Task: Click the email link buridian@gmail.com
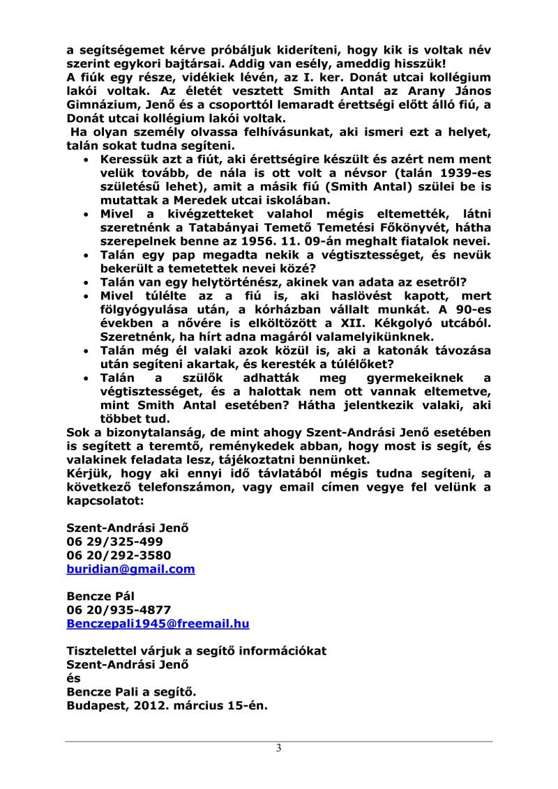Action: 130,569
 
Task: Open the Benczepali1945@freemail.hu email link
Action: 158,624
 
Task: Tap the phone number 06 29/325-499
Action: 115,542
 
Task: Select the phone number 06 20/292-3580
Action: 119,556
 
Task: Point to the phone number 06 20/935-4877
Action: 119,610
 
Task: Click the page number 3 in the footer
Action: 279,749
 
